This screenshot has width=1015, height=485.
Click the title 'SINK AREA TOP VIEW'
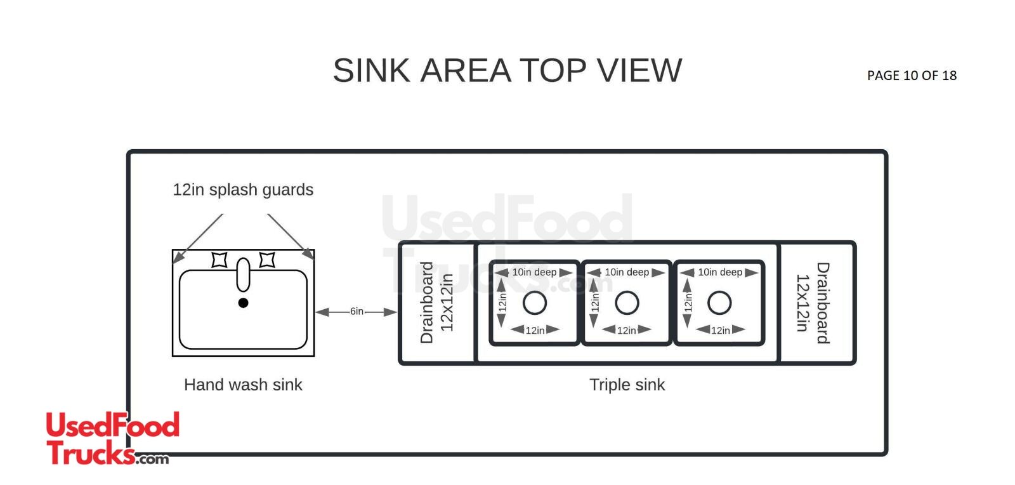[507, 70]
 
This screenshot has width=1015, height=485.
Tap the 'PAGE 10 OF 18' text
[912, 76]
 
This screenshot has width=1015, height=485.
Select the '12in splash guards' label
[243, 190]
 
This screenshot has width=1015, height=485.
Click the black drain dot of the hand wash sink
[243, 303]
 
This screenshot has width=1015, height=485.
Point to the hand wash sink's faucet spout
[243, 274]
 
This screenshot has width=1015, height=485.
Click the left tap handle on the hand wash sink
[219, 260]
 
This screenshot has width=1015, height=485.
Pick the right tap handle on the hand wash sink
[267, 260]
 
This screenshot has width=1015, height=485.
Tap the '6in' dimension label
[357, 312]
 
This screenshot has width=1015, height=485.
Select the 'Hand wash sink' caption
[243, 385]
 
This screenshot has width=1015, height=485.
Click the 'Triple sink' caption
[627, 385]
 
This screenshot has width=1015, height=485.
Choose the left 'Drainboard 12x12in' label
[436, 303]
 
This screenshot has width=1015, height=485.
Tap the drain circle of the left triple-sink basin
[535, 303]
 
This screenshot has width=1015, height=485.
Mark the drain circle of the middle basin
[627, 303]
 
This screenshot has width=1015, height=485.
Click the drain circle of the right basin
[719, 303]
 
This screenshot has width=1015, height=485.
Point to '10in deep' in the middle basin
[627, 272]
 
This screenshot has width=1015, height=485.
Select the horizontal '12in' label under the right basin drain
[720, 330]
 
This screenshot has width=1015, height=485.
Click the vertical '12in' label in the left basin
[502, 302]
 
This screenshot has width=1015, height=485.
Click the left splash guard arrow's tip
[174, 261]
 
